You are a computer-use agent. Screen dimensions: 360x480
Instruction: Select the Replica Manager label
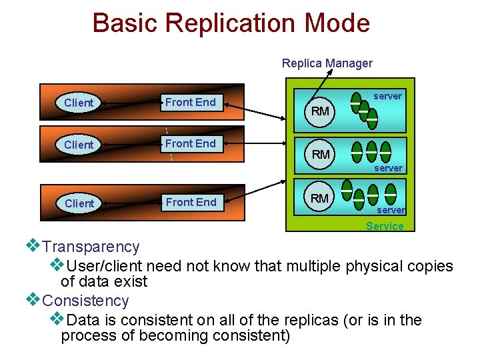pos(327,63)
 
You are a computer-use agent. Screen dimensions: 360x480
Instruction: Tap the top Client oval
pos(79,103)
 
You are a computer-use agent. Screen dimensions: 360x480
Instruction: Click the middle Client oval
pos(79,145)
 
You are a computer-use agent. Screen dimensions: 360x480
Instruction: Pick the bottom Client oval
pos(79,203)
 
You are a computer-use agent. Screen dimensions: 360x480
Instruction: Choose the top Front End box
pos(191,102)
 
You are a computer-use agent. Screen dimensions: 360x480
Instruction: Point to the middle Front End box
pos(191,143)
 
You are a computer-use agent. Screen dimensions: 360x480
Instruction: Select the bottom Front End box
pos(191,202)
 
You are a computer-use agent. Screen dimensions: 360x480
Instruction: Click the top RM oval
pos(321,111)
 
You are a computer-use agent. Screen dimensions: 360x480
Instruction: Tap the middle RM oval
pos(321,154)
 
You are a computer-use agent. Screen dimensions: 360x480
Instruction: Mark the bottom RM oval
pos(319,198)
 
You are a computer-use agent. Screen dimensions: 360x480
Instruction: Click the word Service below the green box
pos(385,226)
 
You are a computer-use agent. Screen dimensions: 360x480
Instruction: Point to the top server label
pos(387,96)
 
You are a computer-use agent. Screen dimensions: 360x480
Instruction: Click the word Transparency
pos(91,247)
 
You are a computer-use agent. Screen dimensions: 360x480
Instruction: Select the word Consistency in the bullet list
pos(85,301)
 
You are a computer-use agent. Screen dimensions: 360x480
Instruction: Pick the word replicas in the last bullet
pos(311,320)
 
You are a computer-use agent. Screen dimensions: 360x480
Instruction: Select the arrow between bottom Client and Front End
pos(130,203)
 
